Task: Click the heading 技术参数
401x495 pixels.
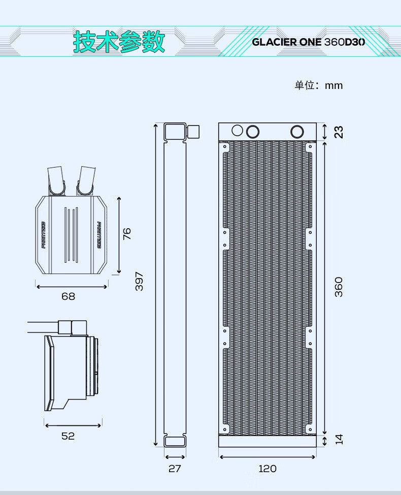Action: [119, 42]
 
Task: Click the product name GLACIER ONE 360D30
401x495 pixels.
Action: [308, 42]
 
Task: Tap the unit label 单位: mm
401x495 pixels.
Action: [318, 85]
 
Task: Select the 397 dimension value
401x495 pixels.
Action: [139, 281]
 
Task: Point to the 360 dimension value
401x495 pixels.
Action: [338, 287]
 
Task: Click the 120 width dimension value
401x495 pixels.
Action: [268, 469]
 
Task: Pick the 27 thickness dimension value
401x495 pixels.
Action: [175, 469]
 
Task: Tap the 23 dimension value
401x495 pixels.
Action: [338, 132]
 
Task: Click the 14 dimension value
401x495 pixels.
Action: [339, 439]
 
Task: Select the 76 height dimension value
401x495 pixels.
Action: [126, 234]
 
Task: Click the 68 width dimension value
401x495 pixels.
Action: [69, 296]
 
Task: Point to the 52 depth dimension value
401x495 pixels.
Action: [68, 436]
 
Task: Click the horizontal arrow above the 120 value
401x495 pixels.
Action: [268, 457]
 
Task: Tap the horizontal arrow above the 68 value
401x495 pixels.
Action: [72, 287]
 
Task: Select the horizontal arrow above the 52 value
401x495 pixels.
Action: [73, 425]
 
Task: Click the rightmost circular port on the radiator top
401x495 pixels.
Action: [297, 132]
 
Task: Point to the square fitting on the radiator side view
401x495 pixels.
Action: [193, 131]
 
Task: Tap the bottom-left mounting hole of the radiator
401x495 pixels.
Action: [225, 429]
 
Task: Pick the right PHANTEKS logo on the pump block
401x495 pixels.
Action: [99, 235]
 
